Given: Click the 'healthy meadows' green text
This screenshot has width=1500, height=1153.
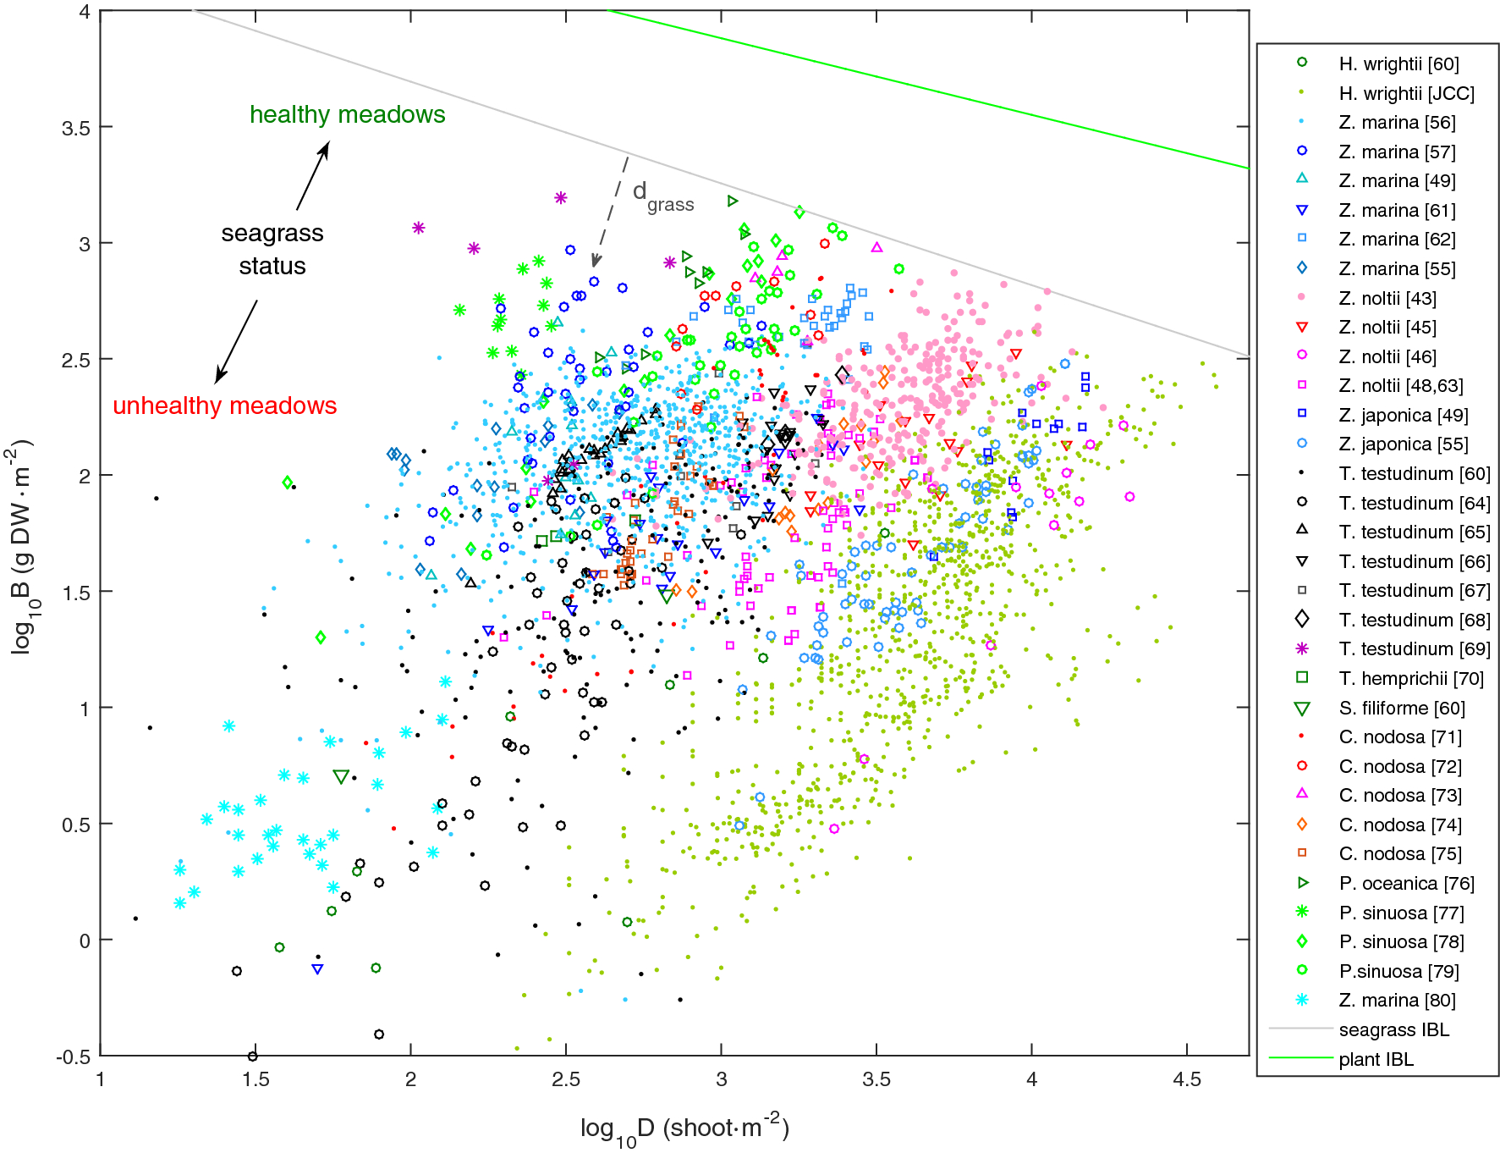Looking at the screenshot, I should (x=347, y=114).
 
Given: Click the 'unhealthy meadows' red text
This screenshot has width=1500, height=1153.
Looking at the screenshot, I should (x=224, y=405).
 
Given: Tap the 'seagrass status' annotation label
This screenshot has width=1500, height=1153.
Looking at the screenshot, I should (x=272, y=249).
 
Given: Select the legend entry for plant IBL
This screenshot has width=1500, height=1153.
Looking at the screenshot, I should (x=1376, y=1059).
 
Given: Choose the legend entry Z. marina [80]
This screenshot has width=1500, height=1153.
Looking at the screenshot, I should (x=1397, y=1000).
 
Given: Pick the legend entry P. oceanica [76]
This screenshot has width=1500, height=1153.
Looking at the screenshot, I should (x=1406, y=883).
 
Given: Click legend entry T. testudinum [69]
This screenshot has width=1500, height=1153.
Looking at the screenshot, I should (x=1414, y=648).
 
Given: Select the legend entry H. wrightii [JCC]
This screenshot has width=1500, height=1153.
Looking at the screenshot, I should (x=1406, y=93).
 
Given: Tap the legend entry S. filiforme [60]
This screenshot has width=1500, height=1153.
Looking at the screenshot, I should (x=1402, y=708).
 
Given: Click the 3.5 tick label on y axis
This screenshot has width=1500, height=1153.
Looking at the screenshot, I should (x=75, y=128).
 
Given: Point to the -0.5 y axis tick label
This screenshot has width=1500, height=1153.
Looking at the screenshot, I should (x=73, y=1057).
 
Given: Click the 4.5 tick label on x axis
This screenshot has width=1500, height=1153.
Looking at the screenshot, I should (x=1186, y=1079).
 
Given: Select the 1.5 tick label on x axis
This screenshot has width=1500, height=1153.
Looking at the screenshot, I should (x=255, y=1079).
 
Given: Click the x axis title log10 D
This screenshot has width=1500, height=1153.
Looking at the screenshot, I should (x=684, y=1128).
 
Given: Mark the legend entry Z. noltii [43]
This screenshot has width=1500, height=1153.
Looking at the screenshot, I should (x=1387, y=298).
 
